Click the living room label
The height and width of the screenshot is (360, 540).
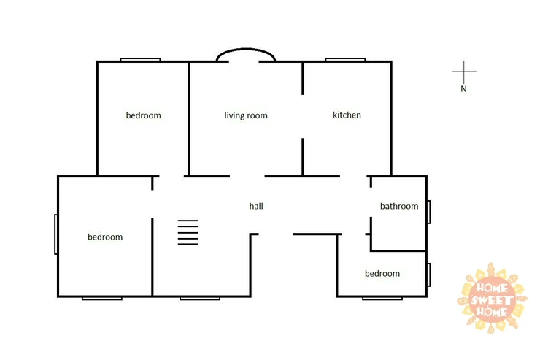(246, 115)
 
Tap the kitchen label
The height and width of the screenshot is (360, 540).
(347, 115)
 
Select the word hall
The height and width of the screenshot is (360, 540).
(256, 206)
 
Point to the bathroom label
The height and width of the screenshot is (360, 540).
(399, 206)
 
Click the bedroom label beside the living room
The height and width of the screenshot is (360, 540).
(143, 115)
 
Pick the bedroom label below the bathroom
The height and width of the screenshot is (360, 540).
(382, 273)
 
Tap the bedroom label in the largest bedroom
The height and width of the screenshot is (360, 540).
(105, 237)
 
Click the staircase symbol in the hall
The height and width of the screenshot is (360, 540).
(188, 232)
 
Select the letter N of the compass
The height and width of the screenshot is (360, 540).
(463, 89)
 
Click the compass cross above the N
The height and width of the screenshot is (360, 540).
(464, 72)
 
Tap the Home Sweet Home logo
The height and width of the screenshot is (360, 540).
(491, 299)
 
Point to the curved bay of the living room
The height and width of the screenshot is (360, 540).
(245, 49)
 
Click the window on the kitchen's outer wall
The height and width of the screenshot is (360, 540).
(345, 60)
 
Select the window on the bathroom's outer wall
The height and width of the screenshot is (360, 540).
(429, 212)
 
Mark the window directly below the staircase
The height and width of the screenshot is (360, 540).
(200, 299)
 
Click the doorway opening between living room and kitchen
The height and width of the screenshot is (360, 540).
(303, 116)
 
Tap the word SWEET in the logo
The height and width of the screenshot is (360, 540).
(491, 299)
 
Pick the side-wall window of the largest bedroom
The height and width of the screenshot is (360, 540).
(55, 234)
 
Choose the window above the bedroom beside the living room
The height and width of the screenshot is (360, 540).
(140, 60)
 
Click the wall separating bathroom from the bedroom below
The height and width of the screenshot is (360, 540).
(398, 250)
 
